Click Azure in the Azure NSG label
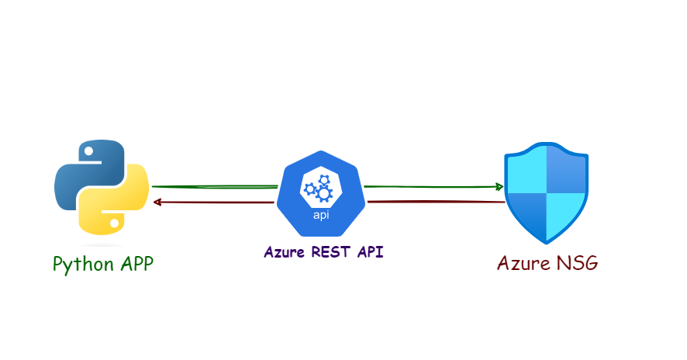523,263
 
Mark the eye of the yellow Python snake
115,223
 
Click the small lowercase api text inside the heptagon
320,215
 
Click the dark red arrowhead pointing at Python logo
157,202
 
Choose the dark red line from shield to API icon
434,202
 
